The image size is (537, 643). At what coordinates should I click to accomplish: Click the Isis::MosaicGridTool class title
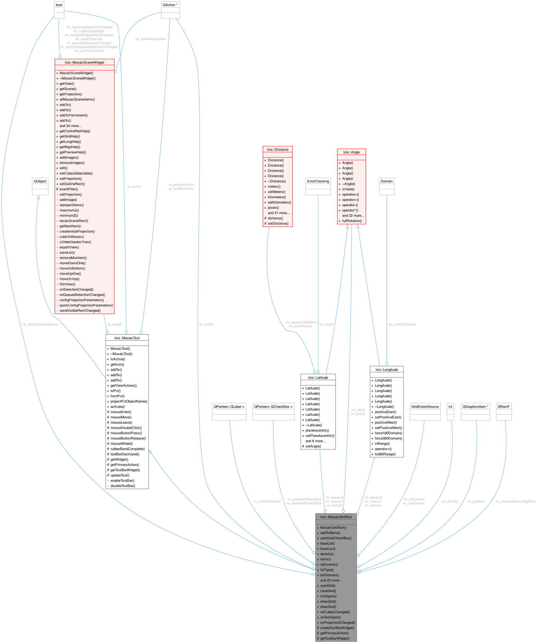point(336,517)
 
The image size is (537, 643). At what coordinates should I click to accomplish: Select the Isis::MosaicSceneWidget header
point(84,63)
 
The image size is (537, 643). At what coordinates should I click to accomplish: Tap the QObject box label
point(40,181)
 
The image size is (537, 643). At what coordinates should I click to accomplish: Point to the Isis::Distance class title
point(277,149)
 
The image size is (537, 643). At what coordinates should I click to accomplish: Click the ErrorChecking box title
point(318,181)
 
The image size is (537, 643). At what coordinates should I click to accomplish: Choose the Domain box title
point(386,181)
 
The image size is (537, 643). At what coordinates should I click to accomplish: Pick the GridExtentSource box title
point(425,406)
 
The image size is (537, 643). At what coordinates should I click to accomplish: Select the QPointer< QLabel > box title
point(229,406)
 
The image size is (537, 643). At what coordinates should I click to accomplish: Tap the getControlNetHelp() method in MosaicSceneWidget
point(75,131)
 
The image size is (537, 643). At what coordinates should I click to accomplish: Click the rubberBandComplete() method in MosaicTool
point(127,449)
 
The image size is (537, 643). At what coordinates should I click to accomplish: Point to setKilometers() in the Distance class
point(279,202)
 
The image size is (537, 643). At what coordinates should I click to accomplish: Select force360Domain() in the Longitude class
point(388,438)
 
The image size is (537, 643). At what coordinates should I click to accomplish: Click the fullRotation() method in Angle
point(352,221)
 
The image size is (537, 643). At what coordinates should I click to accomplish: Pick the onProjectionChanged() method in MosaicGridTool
point(338,622)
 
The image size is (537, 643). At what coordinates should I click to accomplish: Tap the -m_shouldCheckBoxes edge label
point(40,324)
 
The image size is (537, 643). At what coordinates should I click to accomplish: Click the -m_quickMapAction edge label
point(150,39)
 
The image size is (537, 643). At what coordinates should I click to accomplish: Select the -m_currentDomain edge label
point(402,324)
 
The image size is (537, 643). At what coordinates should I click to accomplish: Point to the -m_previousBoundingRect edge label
point(515,501)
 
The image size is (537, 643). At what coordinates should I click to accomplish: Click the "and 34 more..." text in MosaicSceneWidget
point(70,126)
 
